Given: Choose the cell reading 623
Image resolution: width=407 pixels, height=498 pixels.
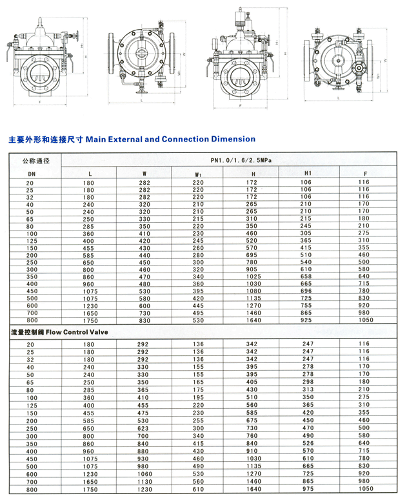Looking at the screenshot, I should tap(144, 428).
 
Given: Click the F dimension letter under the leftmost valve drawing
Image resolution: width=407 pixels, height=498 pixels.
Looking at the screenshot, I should tap(39, 101).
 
